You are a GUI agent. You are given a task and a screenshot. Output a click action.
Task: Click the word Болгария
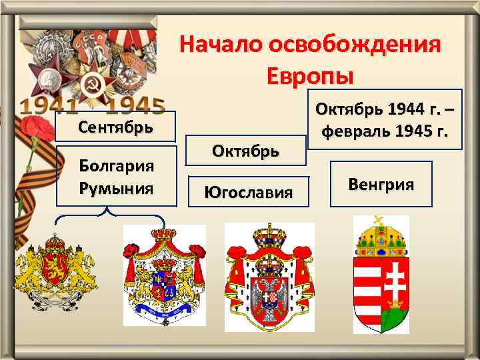point(116,165)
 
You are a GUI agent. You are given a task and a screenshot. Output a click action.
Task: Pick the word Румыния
point(116,188)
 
